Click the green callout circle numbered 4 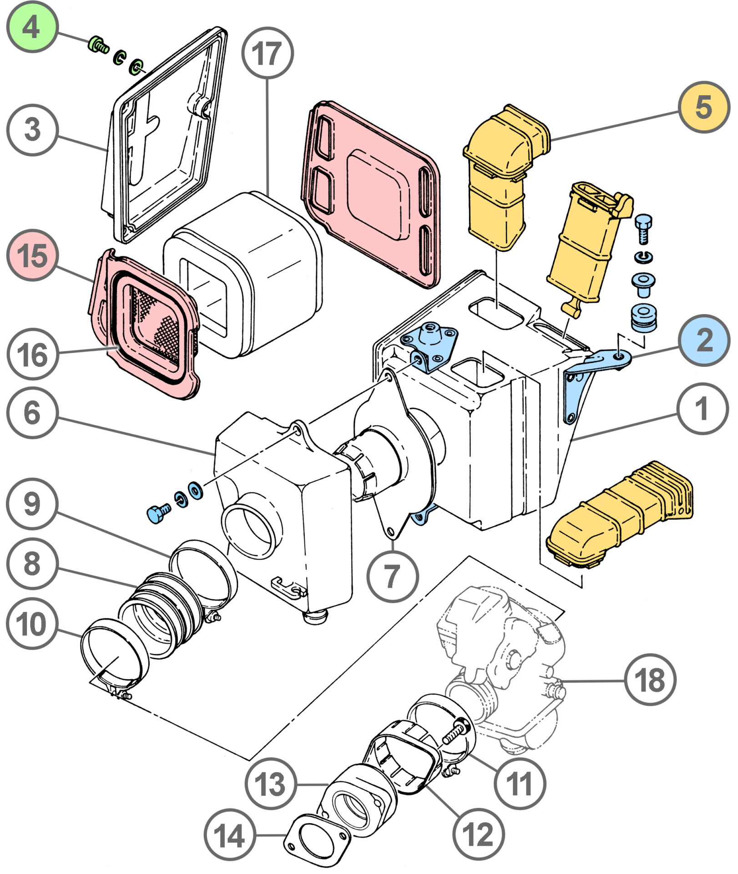31,27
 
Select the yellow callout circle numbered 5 703,107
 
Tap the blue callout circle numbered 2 703,340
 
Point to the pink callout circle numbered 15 32,255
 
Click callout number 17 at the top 267,53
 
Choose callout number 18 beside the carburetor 650,680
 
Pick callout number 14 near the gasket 229,835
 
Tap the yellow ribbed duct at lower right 619,514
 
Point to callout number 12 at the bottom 478,834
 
